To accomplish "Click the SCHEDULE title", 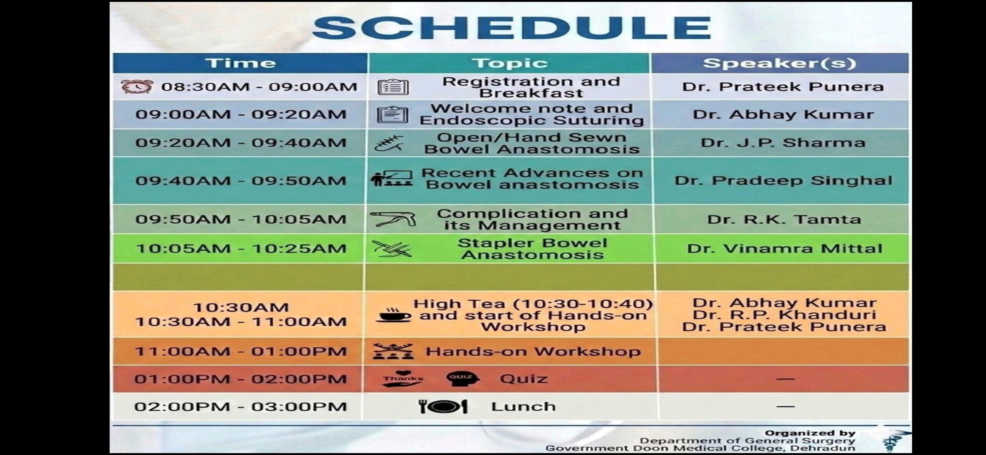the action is (511, 28).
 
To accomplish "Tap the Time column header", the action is (241, 63).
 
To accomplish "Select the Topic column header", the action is (510, 63).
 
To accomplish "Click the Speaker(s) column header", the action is (779, 63).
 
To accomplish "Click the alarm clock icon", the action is (137, 87).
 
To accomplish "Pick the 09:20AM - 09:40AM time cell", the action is (241, 143).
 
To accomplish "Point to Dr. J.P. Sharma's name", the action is (783, 143).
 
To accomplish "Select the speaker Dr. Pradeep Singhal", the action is (783, 181).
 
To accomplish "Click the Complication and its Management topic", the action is (532, 219).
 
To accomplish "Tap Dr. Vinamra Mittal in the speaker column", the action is (785, 248).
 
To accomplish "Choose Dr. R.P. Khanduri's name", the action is (785, 315).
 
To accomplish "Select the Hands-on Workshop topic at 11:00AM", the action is (533, 351).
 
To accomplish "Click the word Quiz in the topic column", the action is (524, 379).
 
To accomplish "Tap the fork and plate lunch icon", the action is (443, 406).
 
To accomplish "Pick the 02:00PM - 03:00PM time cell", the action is (241, 406).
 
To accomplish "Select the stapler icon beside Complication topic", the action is (393, 219).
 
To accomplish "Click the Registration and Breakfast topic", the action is (531, 87).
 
